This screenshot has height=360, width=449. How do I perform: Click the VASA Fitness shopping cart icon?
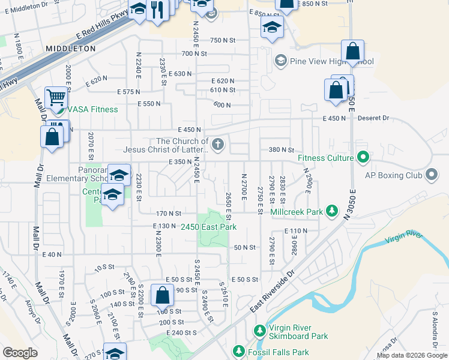pyautogui.click(x=56, y=97)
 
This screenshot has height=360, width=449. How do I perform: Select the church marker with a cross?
pyautogui.click(x=218, y=144)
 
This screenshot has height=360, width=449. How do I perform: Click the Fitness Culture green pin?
pyautogui.click(x=363, y=158)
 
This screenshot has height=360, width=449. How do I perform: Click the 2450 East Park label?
pyautogui.click(x=208, y=227)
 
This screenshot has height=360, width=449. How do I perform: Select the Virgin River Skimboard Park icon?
pyautogui.click(x=259, y=331)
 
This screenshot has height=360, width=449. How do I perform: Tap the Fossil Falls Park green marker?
pyautogui.click(x=239, y=351)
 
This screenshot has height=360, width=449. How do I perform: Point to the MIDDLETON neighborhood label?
pyautogui.click(x=71, y=48)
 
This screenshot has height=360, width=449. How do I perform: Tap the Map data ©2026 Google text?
pyautogui.click(x=411, y=355)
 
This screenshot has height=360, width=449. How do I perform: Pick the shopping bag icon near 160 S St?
pyautogui.click(x=162, y=295)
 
